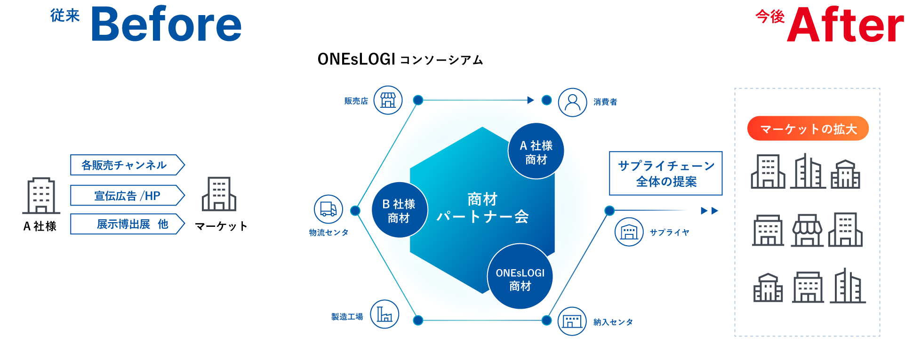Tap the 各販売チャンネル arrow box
pyautogui.click(x=126, y=165)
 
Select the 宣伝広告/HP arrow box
pyautogui.click(x=126, y=195)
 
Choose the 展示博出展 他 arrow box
pyautogui.click(x=126, y=224)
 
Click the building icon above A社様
pyautogui.click(x=41, y=196)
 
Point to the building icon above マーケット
pyautogui.click(x=219, y=194)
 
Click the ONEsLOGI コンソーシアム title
pyautogui.click(x=400, y=59)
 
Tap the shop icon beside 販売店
pyautogui.click(x=388, y=100)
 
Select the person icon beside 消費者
pyautogui.click(x=572, y=102)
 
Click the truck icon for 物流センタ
pyautogui.click(x=328, y=209)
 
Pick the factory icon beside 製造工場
pyautogui.click(x=384, y=314)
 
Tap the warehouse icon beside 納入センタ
pyautogui.click(x=572, y=321)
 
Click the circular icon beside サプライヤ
pyautogui.click(x=629, y=232)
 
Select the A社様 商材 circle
pyautogui.click(x=536, y=152)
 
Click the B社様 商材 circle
pyautogui.click(x=399, y=210)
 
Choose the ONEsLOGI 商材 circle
pyautogui.click(x=520, y=277)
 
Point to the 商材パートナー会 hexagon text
pyautogui.click(x=482, y=208)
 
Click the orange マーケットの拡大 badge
pyautogui.click(x=808, y=128)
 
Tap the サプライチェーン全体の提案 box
pyautogui.click(x=665, y=173)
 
